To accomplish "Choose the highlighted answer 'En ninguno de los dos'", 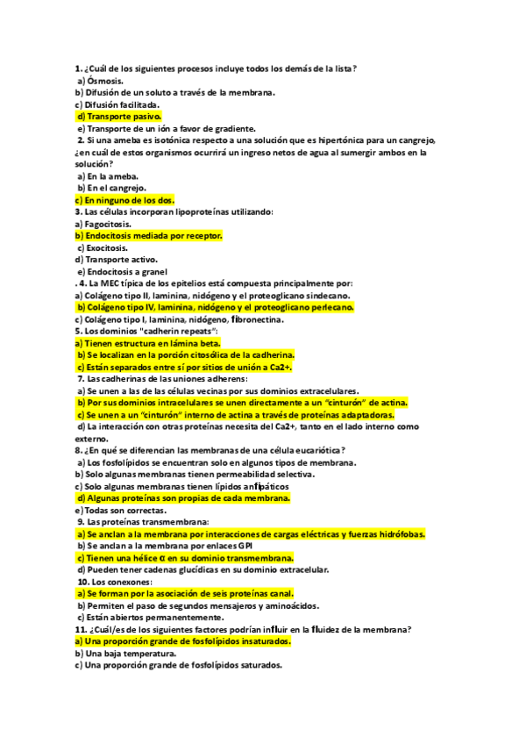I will (131, 200).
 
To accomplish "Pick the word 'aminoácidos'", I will (286, 605).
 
